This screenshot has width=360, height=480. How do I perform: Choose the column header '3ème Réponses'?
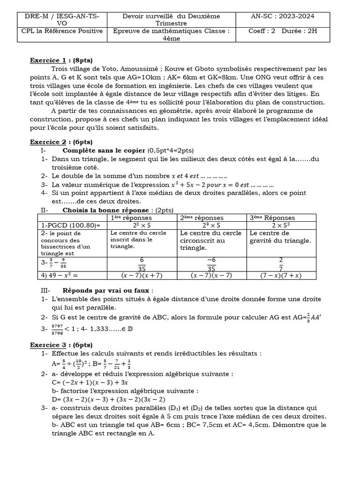click(x=272, y=217)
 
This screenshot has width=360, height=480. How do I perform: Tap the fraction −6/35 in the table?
click(x=211, y=264)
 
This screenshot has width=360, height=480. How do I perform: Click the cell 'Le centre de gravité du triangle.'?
click(x=280, y=237)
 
